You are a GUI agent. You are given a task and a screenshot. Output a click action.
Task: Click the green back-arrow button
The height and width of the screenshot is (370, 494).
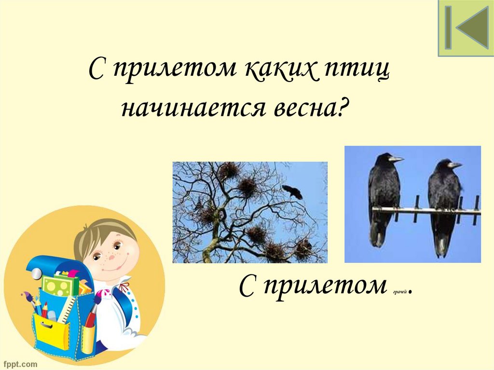coord(466,28)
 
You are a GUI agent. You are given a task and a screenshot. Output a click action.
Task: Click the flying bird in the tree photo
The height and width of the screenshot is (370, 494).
coord(292,192)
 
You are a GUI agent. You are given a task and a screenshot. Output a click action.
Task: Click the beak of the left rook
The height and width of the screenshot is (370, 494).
coord(397,159)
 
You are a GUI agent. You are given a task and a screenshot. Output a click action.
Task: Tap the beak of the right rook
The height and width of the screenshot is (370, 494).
coord(455,165)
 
